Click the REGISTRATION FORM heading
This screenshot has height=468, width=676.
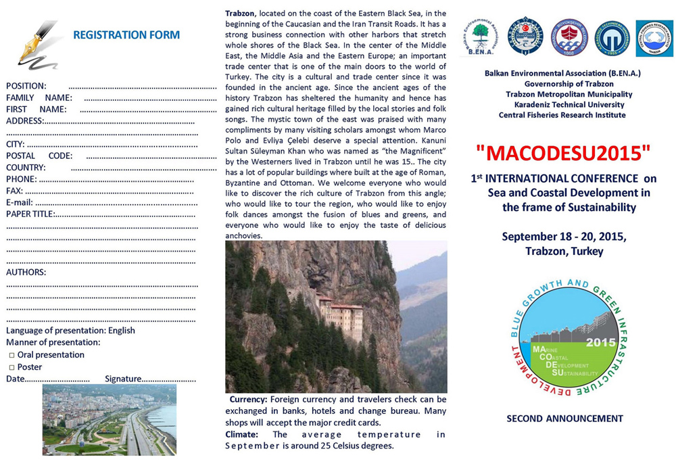126,34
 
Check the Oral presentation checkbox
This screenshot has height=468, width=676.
11,355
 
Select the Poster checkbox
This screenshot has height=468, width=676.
11,367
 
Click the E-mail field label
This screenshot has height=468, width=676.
20,202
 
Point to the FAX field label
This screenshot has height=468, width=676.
15,191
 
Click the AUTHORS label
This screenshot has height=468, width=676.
26,272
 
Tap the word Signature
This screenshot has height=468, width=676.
123,379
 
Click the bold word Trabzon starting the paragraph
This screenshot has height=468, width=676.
241,14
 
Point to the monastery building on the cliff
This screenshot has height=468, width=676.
341,314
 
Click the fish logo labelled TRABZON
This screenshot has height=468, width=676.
654,38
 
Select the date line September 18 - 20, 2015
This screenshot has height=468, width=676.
564,237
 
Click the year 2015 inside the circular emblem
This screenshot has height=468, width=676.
600,342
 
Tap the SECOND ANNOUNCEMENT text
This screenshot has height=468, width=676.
564,419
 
